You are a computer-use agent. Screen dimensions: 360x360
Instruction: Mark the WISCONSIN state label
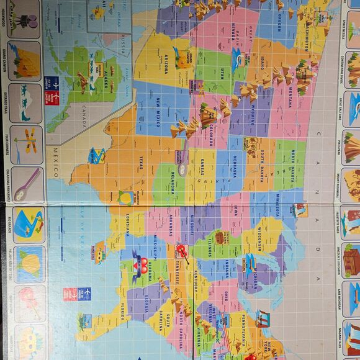261,240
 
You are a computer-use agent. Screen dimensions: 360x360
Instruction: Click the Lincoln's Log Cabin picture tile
351,261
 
